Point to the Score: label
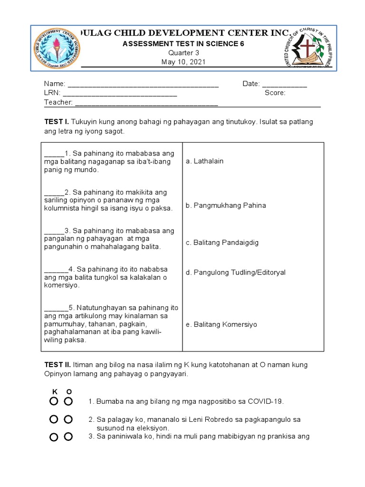tap(275, 93)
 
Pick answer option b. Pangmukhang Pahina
tap(226, 205)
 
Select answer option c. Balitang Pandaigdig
tap(222, 243)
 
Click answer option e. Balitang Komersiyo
tap(221, 324)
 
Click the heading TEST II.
tap(58, 365)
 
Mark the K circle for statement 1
tap(54, 401)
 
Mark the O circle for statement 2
tap(68, 419)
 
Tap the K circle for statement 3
tap(54, 437)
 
